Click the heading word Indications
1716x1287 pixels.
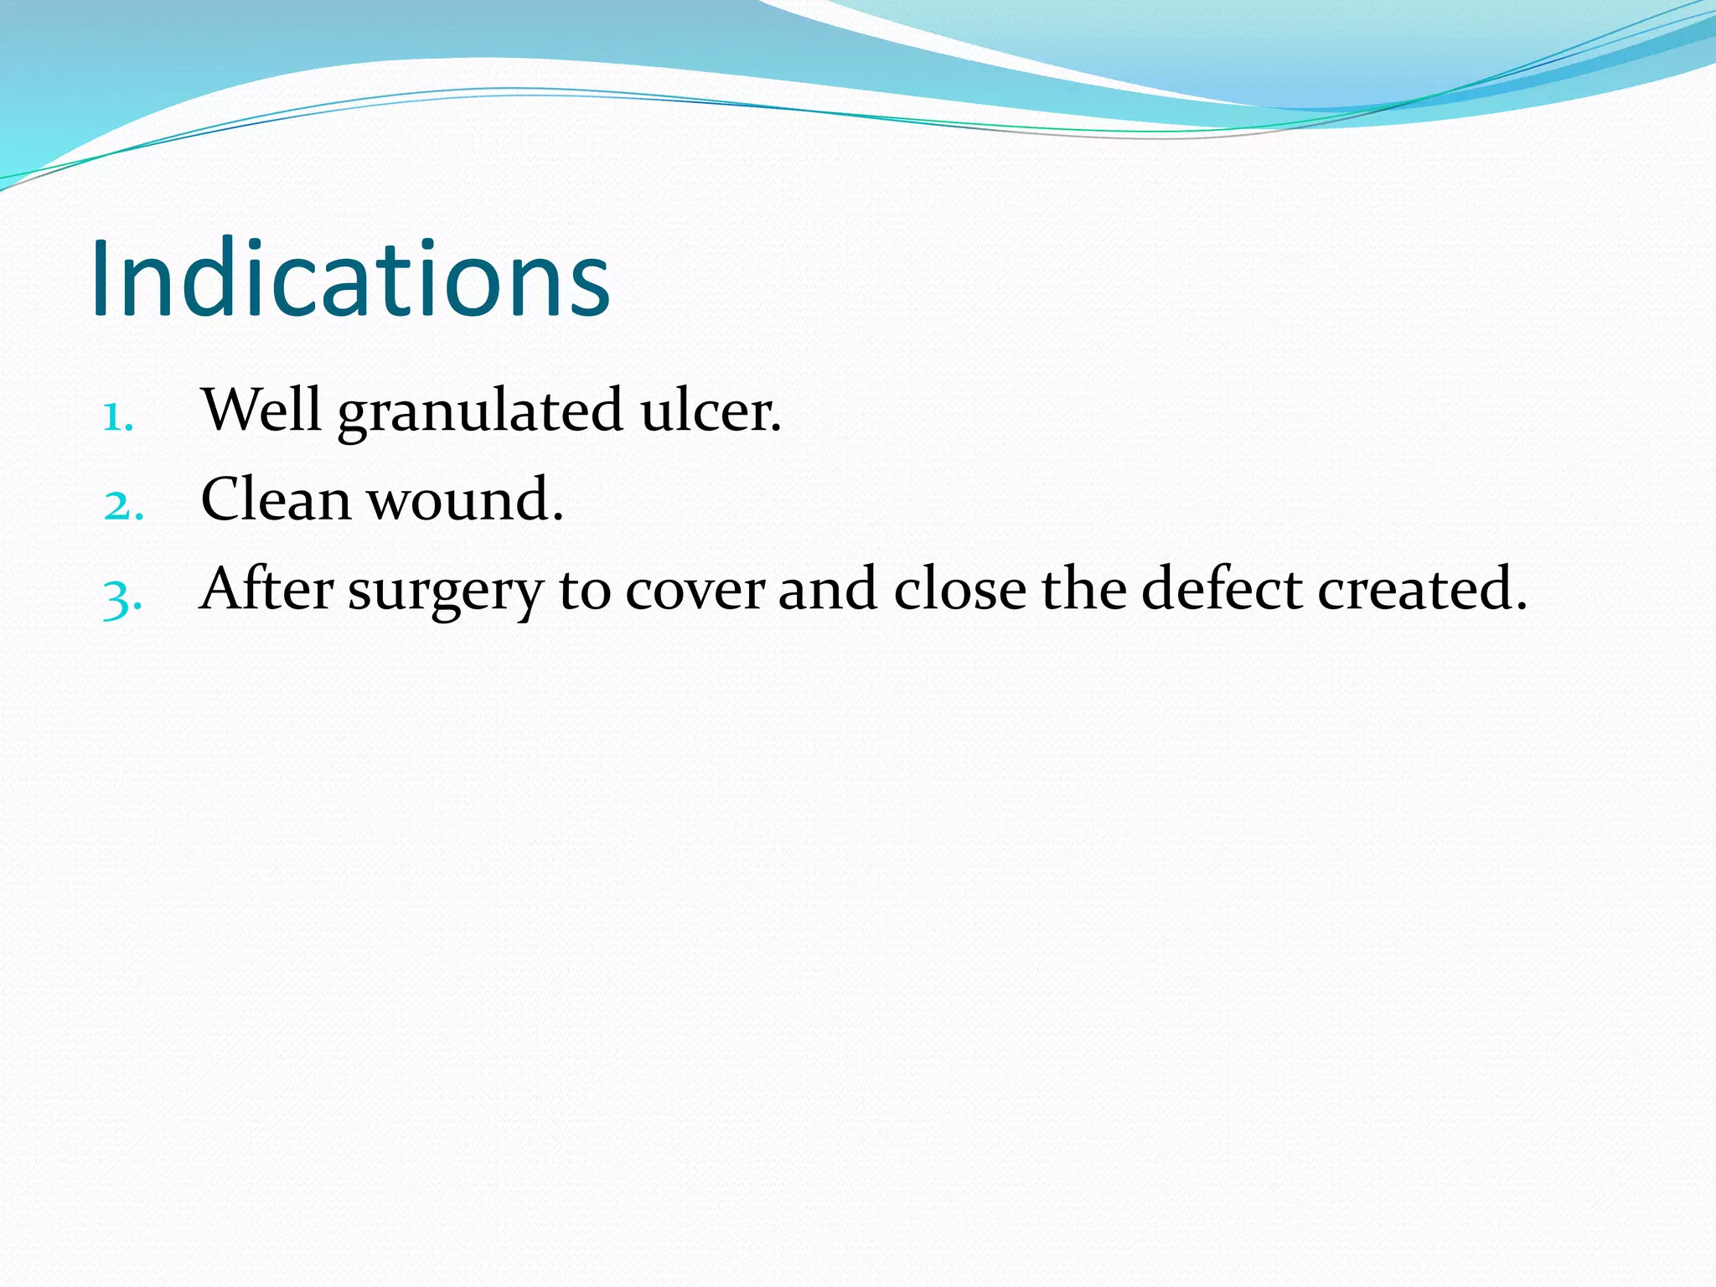click(350, 280)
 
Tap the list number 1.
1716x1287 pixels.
click(116, 416)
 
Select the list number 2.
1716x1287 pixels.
click(121, 505)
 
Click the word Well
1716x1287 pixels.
click(261, 410)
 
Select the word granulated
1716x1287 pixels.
click(480, 412)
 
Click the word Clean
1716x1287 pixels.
click(276, 499)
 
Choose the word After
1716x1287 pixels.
click(267, 588)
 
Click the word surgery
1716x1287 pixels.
click(446, 592)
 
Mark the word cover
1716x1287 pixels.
click(695, 592)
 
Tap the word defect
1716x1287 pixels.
click(1222, 588)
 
